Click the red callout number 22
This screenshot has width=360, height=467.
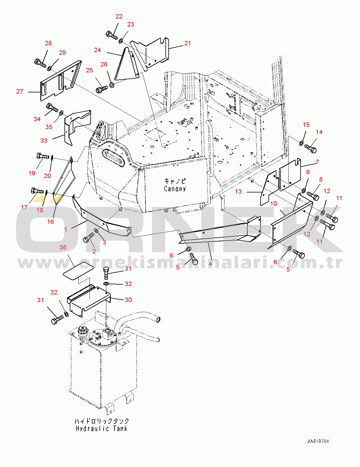pos(119,16)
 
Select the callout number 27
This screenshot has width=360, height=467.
pos(19,92)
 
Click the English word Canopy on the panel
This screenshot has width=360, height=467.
pos(175,189)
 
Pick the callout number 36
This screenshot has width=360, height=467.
pos(63,247)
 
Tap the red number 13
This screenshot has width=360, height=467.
pos(238,192)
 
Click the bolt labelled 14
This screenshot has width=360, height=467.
pos(311,149)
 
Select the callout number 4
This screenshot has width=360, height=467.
pos(210,263)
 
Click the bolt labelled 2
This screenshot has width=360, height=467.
pos(88,238)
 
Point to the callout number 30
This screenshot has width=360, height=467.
pos(128,300)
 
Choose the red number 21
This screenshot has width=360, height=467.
pos(188,43)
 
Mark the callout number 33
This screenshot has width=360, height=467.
pos(44,141)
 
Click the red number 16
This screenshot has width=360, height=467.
pos(51,222)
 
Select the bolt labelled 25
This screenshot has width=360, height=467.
pos(102,89)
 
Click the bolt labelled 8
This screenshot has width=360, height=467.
pos(313,196)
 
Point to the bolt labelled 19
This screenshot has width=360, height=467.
pos(43,156)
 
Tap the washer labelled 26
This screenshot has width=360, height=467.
pos(112,85)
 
